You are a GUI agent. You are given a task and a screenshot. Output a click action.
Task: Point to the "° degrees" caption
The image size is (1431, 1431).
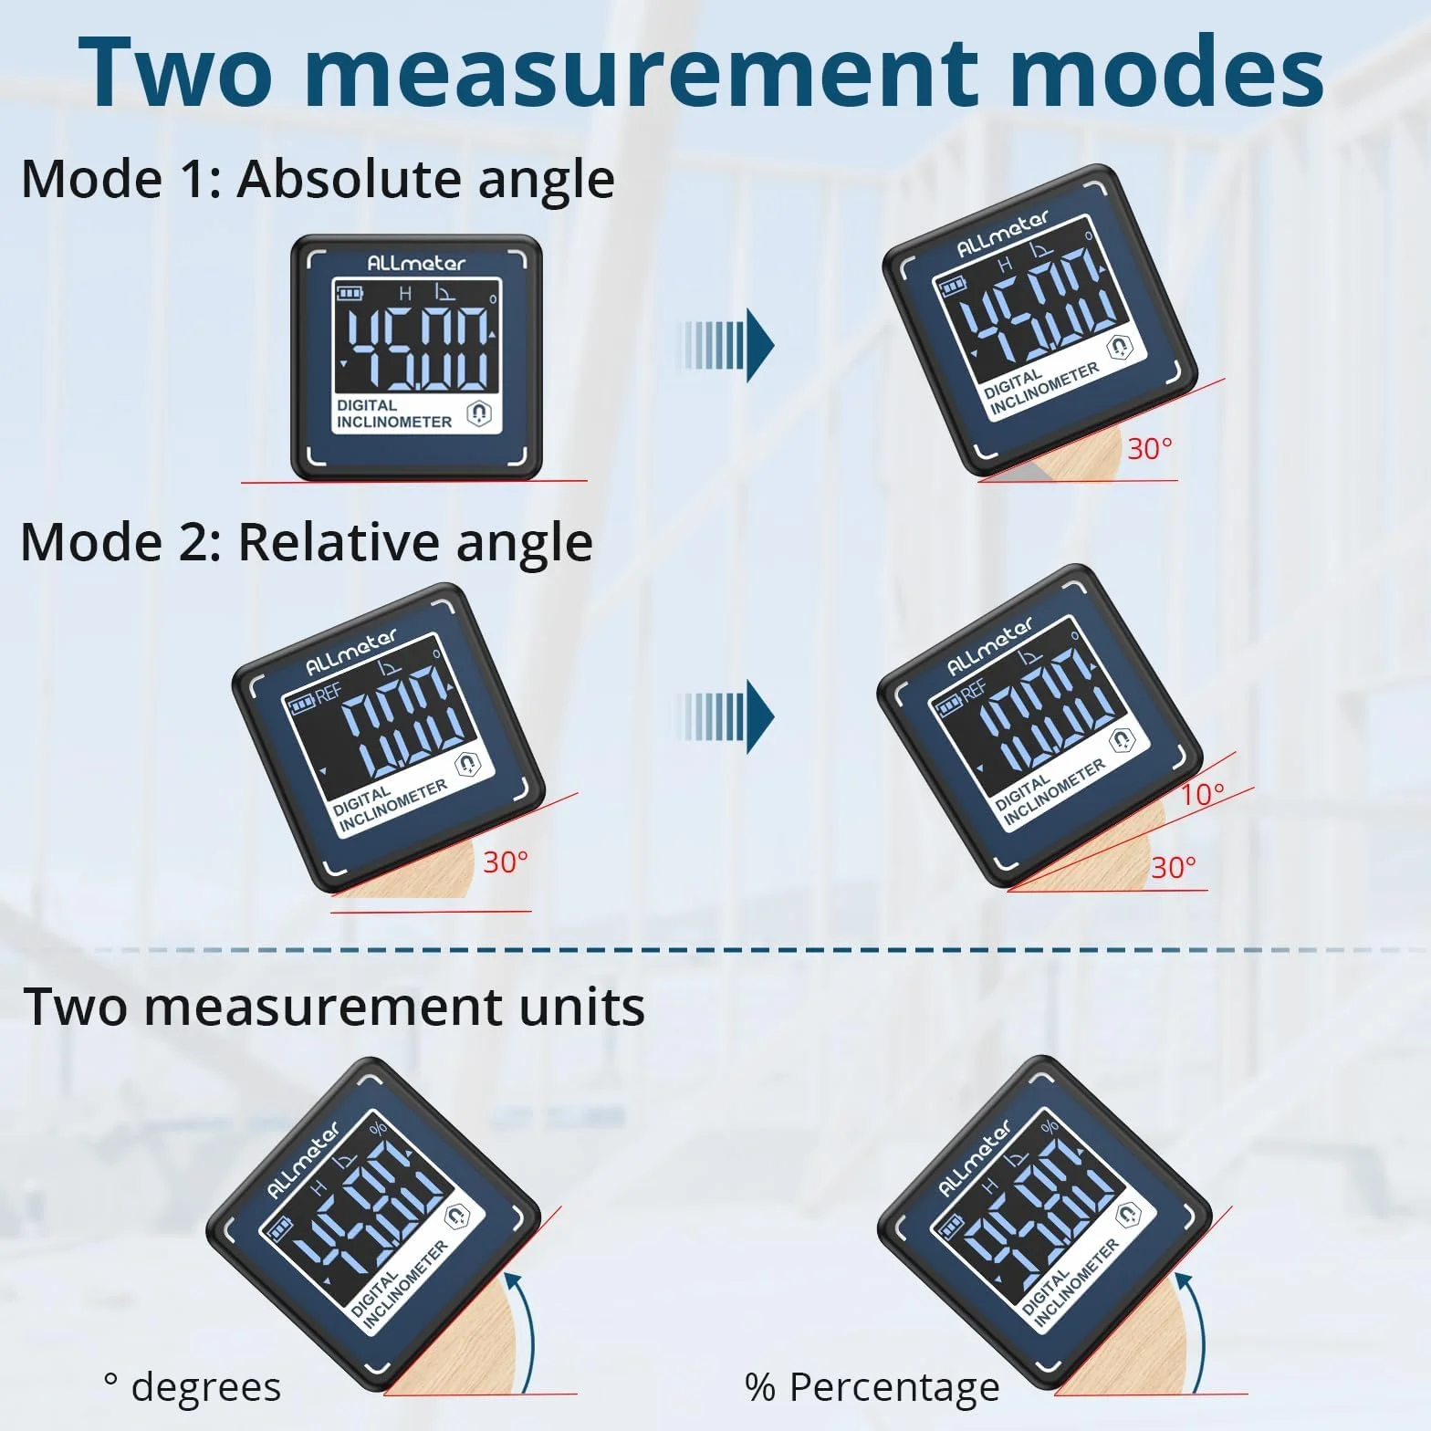[193, 1388]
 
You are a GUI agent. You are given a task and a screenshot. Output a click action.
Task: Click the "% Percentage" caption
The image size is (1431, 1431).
[872, 1388]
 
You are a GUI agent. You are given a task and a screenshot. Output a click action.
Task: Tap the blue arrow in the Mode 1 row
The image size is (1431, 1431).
[726, 345]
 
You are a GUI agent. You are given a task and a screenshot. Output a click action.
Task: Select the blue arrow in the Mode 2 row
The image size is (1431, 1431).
[726, 716]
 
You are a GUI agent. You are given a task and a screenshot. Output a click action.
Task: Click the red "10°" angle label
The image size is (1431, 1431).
[1202, 794]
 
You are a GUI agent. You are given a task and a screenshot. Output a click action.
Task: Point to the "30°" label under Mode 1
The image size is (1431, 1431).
[1150, 449]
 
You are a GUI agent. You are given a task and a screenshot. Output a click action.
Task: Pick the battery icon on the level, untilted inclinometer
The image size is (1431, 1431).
[350, 293]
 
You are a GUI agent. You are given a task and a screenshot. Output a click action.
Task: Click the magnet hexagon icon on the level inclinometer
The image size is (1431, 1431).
[478, 413]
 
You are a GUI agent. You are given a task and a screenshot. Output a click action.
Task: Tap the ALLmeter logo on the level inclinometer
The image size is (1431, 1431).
[416, 263]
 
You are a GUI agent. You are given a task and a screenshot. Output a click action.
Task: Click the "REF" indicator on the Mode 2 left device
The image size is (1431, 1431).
[329, 695]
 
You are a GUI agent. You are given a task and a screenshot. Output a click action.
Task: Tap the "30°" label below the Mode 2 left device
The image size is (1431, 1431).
[506, 862]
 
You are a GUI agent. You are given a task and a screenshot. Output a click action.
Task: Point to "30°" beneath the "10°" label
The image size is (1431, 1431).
[1174, 867]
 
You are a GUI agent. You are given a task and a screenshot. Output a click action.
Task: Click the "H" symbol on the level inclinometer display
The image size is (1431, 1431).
[406, 293]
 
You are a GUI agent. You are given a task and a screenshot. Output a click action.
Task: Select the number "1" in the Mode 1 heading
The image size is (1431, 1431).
[197, 179]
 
